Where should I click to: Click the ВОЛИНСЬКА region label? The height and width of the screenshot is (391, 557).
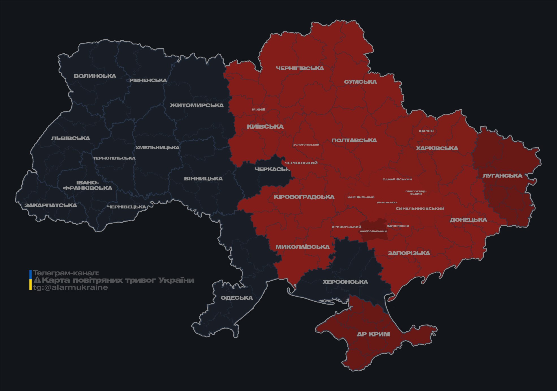tap(95, 76)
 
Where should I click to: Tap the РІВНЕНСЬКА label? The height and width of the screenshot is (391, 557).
tap(148, 80)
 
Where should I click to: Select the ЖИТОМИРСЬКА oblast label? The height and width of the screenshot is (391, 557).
tap(197, 105)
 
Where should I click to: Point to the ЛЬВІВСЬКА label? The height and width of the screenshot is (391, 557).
tap(71, 138)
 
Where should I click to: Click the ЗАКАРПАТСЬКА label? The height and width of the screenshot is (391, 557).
tap(51, 205)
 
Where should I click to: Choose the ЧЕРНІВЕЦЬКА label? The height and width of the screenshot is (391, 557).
tap(127, 207)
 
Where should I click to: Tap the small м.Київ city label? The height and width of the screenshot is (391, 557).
tap(259, 109)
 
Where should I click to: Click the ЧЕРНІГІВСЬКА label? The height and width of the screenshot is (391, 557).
tap(300, 68)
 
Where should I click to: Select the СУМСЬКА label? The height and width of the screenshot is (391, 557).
tap(360, 82)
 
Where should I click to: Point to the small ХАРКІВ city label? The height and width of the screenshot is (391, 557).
tap(426, 131)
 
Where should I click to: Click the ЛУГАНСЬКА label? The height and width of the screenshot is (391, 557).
tap(502, 176)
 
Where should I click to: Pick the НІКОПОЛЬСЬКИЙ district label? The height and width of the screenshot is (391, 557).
tap(373, 231)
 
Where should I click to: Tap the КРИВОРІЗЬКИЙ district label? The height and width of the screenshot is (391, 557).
tap(346, 227)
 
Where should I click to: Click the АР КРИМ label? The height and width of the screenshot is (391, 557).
tap(373, 334)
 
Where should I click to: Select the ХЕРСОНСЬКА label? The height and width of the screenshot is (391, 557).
tap(345, 282)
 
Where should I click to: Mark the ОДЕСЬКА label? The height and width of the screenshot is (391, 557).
tap(237, 298)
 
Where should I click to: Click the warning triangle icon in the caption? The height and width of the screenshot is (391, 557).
tap(37, 280)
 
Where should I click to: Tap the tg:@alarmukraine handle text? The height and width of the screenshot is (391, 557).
tap(70, 288)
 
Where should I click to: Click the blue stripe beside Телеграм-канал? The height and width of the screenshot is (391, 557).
tap(31, 274)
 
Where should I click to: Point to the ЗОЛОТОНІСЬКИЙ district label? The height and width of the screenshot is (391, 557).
tap(306, 145)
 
